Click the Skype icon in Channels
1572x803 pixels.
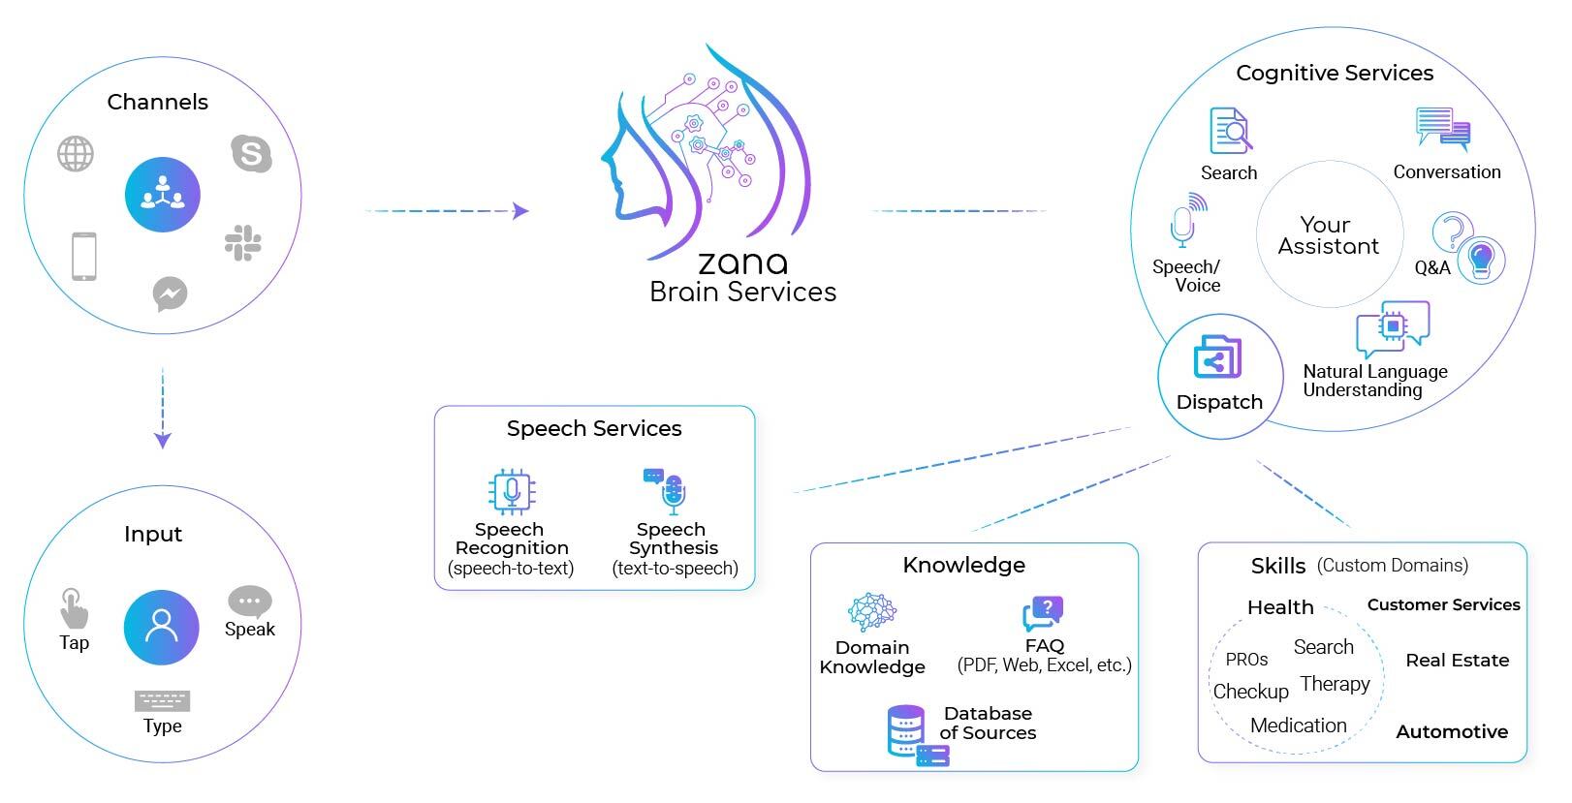252,153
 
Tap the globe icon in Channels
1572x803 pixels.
76,154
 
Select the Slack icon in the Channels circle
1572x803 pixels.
242,243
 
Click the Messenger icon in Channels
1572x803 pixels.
171,293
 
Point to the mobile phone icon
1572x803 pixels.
84,257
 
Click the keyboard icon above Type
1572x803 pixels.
163,701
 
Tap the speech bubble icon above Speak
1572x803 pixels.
249,602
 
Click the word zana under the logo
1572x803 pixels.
742,263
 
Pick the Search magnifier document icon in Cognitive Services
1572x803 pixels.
1230,132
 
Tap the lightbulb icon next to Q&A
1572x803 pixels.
1481,259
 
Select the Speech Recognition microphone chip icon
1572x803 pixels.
511,492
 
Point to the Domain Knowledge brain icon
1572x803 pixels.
872,612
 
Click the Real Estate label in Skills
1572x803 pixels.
1457,661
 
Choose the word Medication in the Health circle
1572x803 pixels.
1298,726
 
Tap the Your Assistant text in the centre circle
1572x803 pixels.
1328,235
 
